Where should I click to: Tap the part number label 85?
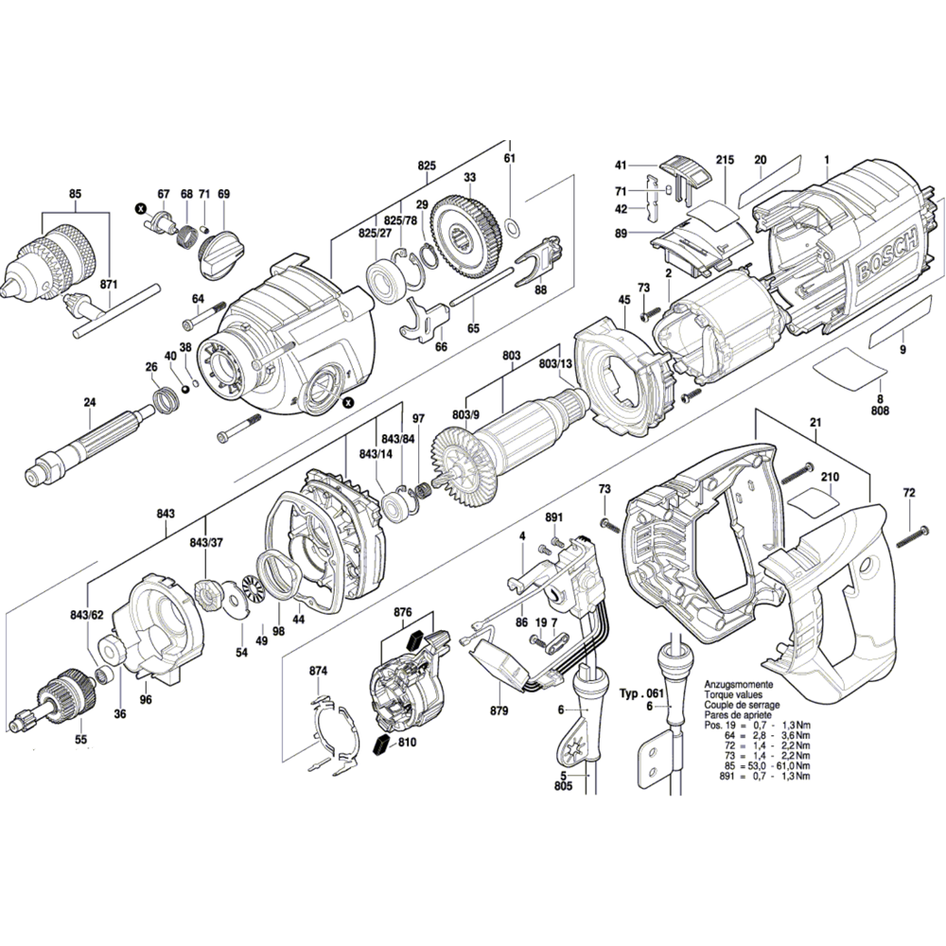pyautogui.click(x=75, y=194)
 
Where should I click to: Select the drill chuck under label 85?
pyautogui.click(x=50, y=259)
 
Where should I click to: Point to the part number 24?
pyautogui.click(x=90, y=402)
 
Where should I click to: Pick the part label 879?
pyautogui.click(x=499, y=710)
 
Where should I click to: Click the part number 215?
pyautogui.click(x=726, y=160)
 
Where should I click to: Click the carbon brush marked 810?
pyautogui.click(x=381, y=745)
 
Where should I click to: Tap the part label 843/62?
pyautogui.click(x=87, y=616)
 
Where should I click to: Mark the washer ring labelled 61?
pyautogui.click(x=512, y=227)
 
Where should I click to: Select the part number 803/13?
pyautogui.click(x=555, y=364)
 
